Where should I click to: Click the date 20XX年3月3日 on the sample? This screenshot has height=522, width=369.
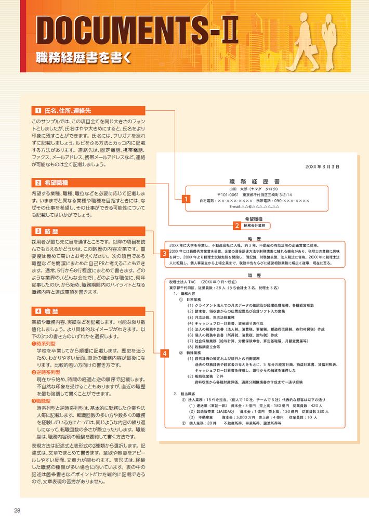tap(322, 167)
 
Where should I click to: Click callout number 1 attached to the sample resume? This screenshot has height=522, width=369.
tap(185, 198)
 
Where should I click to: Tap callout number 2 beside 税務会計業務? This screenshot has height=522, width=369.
tap(236, 226)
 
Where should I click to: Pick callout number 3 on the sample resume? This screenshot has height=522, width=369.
tap(164, 253)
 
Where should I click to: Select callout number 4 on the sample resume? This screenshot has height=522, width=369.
tap(164, 354)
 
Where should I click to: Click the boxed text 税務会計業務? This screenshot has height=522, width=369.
tap(254, 226)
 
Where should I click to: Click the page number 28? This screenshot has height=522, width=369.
tap(17, 510)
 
